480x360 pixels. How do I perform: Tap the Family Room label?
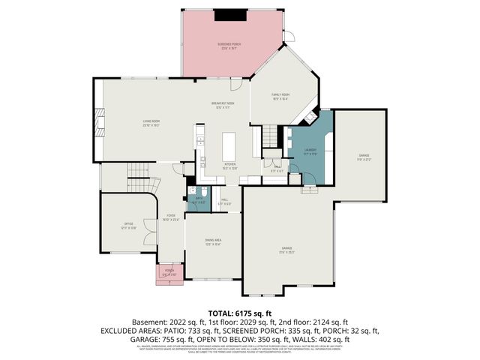coord(280,96)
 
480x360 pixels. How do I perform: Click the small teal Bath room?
coord(199,202)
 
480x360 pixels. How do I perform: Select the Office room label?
coord(128,226)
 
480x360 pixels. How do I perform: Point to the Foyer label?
coord(171,218)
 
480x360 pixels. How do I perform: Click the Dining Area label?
coord(213,242)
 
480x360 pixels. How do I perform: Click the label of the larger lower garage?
coord(286,250)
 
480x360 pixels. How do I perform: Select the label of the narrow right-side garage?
coord(363,157)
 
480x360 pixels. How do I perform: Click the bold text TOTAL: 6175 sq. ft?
coord(239,312)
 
